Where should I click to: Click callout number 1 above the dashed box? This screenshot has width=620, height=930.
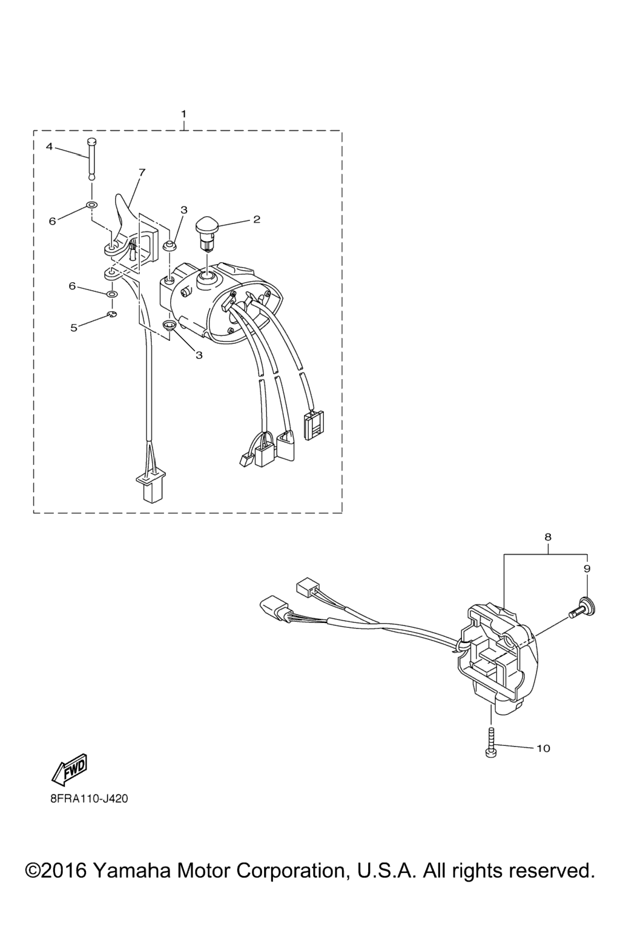(184, 113)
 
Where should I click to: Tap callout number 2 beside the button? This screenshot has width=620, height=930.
(257, 219)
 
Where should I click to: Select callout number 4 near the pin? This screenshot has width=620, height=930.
(50, 147)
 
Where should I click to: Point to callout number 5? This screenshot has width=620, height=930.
(74, 328)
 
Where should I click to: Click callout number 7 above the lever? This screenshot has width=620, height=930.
(142, 173)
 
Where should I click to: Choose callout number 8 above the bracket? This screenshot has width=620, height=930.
(548, 537)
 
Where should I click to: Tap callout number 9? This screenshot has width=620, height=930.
(586, 569)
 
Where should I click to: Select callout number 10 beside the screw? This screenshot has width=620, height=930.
(543, 748)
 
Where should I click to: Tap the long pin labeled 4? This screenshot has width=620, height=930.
(92, 159)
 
